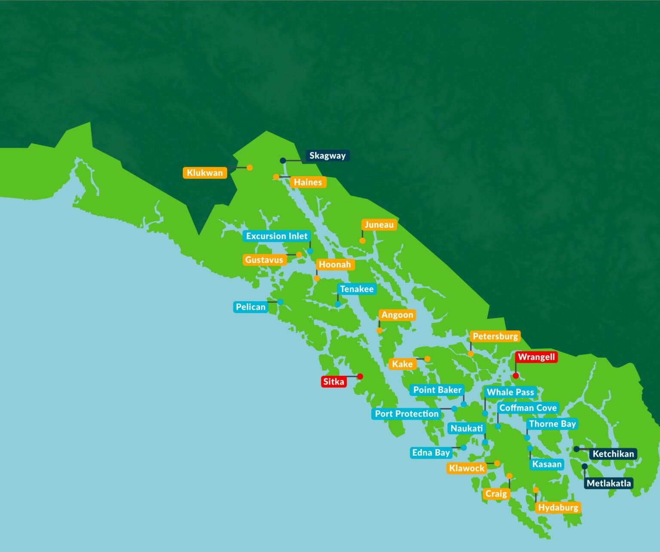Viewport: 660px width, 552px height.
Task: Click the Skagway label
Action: click(327, 156)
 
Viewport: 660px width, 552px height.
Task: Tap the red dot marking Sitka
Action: click(360, 376)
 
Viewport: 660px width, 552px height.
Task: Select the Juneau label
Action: click(379, 225)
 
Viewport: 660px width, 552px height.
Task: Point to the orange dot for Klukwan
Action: click(250, 168)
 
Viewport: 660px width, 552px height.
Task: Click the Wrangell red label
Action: click(536, 357)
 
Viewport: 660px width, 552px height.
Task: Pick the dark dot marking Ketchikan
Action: click(576, 449)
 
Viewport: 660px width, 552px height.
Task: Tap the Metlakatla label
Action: click(608, 483)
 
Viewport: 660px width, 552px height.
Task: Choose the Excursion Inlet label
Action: click(276, 236)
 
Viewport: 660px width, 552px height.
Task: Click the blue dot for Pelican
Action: click(280, 302)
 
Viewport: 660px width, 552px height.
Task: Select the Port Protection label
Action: click(406, 414)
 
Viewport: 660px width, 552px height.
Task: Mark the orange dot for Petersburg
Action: click(471, 354)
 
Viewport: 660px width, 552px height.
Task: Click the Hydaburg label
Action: click(558, 507)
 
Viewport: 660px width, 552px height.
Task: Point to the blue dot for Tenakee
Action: click(338, 304)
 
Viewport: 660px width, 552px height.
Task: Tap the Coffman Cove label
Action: click(528, 408)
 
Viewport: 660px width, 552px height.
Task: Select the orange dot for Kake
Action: click(427, 359)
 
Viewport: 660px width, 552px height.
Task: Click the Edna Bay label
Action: click(431, 452)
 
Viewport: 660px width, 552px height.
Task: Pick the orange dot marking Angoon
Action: click(379, 330)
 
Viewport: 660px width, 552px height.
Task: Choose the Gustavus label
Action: click(264, 259)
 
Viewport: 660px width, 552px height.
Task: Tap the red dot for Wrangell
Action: click(516, 375)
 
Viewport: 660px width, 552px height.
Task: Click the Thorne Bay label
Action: click(552, 424)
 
